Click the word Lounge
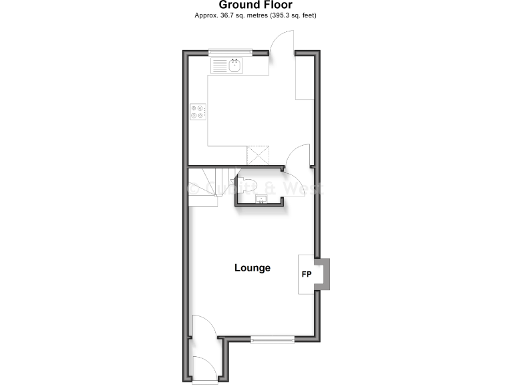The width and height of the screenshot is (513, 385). (252, 268)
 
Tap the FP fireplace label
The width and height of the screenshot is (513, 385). (307, 275)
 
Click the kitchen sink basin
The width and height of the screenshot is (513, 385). (235, 66)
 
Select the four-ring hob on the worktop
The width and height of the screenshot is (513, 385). (198, 112)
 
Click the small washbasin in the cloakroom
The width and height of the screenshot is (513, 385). (261, 198)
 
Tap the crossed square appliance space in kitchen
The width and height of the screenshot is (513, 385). (257, 155)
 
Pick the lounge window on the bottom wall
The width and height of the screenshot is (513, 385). (273, 340)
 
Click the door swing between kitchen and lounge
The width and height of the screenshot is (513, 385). (297, 157)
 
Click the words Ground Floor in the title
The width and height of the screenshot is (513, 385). (255, 5)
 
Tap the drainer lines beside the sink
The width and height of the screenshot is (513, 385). (219, 66)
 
